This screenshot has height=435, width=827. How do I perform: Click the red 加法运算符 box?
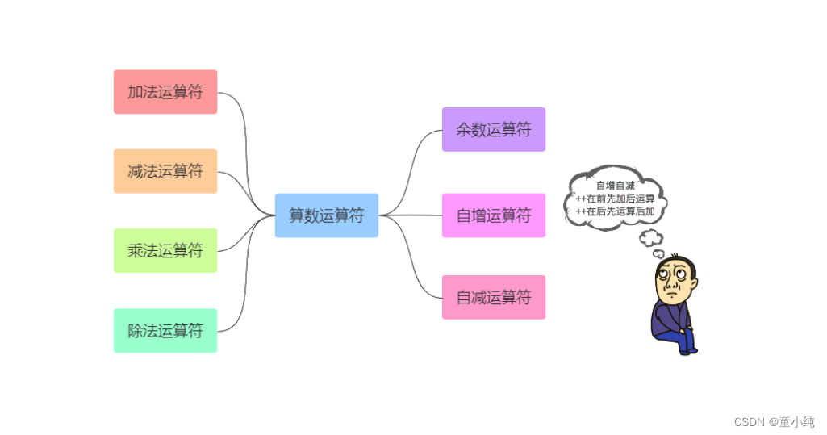[x=165, y=92]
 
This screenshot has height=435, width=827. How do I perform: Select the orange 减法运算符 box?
[x=165, y=171]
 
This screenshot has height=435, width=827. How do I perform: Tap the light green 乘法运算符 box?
[x=165, y=250]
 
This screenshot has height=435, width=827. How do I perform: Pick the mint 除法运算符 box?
[x=165, y=331]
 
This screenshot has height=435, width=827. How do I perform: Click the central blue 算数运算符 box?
[x=327, y=215]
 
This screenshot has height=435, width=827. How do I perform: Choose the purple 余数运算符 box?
[x=494, y=129]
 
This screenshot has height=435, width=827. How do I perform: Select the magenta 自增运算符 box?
[x=494, y=215]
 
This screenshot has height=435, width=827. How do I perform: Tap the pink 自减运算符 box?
[x=494, y=297]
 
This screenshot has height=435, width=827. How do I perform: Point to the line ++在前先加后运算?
[x=616, y=199]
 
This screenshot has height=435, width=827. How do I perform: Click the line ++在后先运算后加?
[x=616, y=211]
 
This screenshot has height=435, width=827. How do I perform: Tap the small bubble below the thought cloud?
[x=650, y=238]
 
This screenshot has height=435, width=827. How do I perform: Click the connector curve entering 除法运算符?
[x=241, y=307]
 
